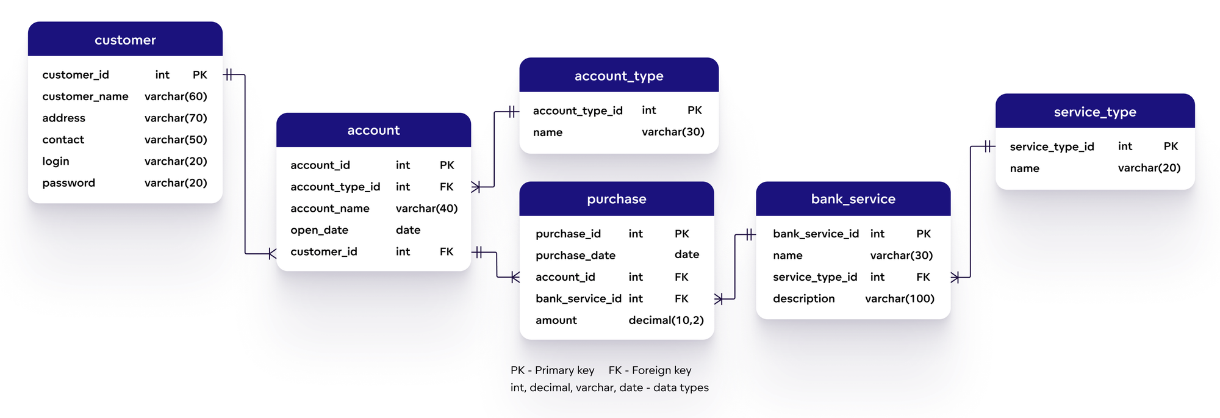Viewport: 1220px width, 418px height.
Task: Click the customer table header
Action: click(x=125, y=40)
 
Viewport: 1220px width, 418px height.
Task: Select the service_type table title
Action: click(x=1094, y=112)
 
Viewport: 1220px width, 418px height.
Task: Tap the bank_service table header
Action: click(x=853, y=199)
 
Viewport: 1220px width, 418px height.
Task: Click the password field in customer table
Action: click(x=68, y=182)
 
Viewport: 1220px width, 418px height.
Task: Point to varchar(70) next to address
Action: click(x=176, y=118)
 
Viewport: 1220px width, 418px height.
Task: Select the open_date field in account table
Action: click(x=319, y=230)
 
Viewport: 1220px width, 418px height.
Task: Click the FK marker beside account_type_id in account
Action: click(x=447, y=187)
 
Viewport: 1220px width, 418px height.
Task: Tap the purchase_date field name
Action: click(x=575, y=255)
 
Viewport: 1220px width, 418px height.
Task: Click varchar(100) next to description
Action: click(x=899, y=298)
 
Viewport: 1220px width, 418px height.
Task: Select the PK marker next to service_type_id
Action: click(x=1170, y=146)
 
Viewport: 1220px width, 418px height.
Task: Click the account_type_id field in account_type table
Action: click(x=577, y=110)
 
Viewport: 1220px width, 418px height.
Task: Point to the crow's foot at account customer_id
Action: click(x=271, y=253)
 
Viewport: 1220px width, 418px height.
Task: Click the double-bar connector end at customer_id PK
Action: click(x=229, y=74)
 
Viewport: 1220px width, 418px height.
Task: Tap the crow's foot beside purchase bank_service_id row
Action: click(x=719, y=298)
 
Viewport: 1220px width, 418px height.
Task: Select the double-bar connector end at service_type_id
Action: click(x=989, y=146)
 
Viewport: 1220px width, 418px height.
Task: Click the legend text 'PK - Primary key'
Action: click(x=552, y=370)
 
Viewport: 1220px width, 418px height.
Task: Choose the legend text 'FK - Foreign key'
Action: click(x=650, y=370)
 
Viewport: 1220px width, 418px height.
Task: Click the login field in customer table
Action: click(x=56, y=161)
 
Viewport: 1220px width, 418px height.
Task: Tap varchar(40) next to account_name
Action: click(x=426, y=208)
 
